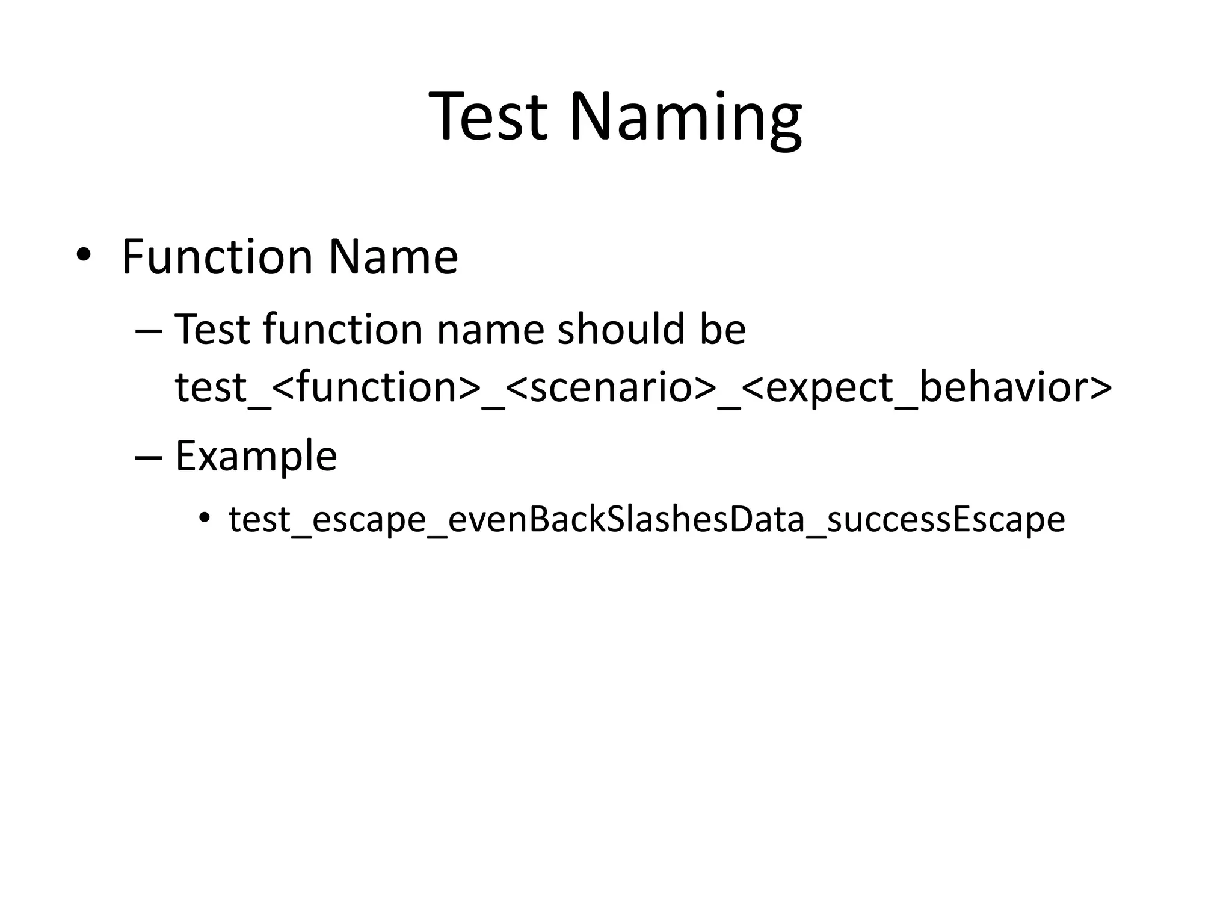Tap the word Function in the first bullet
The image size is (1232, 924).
[217, 257]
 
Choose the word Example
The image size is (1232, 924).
[256, 457]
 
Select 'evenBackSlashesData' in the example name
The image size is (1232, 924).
[626, 519]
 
